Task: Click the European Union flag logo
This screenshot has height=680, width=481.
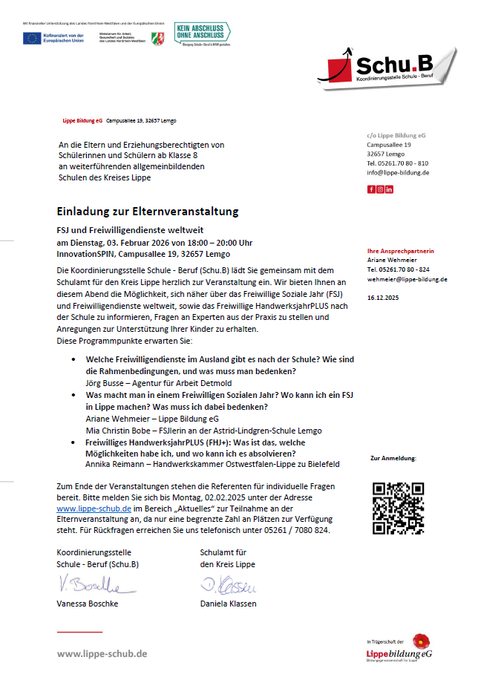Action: pyautogui.click(x=32, y=38)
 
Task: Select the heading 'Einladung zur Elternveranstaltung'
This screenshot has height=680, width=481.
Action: pyautogui.click(x=148, y=212)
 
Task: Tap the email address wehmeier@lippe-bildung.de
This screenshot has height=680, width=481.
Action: pyautogui.click(x=407, y=279)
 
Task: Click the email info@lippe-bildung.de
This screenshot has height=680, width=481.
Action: pyautogui.click(x=397, y=172)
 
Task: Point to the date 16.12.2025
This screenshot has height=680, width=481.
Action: pyautogui.click(x=383, y=297)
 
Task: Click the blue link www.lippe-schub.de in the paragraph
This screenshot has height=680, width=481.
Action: pyautogui.click(x=94, y=509)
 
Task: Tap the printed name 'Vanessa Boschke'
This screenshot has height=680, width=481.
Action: pyautogui.click(x=88, y=604)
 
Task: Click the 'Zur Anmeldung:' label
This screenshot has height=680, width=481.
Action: pyautogui.click(x=393, y=459)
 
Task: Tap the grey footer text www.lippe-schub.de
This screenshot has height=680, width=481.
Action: pyautogui.click(x=102, y=653)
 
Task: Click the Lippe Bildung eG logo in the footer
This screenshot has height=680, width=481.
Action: pyautogui.click(x=399, y=649)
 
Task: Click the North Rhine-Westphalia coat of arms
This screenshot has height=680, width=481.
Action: pyautogui.click(x=158, y=38)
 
